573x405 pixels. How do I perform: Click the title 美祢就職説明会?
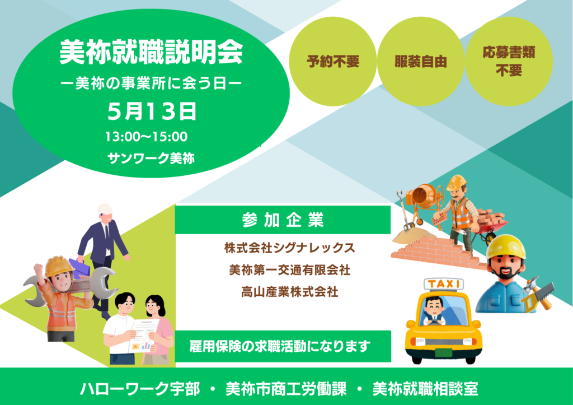151,53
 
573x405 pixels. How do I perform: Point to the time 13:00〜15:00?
147,137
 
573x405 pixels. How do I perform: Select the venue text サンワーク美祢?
151,159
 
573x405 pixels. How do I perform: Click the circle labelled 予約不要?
332,62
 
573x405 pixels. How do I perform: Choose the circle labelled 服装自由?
421,62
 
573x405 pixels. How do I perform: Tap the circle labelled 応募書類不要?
509,62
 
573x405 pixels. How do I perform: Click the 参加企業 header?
283,220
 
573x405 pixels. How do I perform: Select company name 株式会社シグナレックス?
289,248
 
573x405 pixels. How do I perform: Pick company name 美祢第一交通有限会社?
289,270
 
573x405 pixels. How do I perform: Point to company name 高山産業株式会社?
289,292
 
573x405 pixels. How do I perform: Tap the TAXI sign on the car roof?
444,284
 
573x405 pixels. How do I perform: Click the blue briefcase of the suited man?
79,268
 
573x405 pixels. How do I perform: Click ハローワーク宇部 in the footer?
140,389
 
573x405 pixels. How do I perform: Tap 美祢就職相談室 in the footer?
425,389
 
